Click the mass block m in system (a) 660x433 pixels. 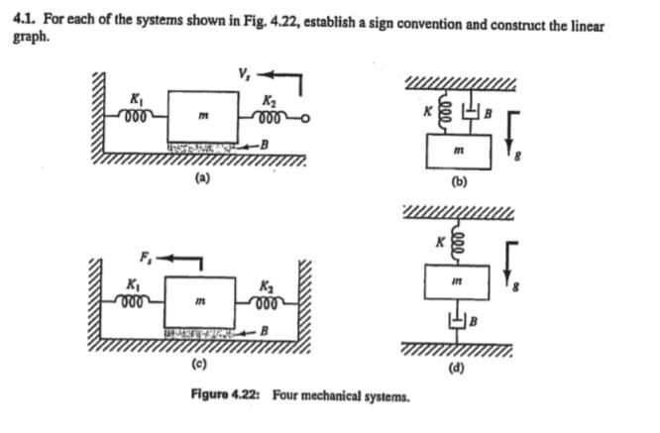coord(202,117)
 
